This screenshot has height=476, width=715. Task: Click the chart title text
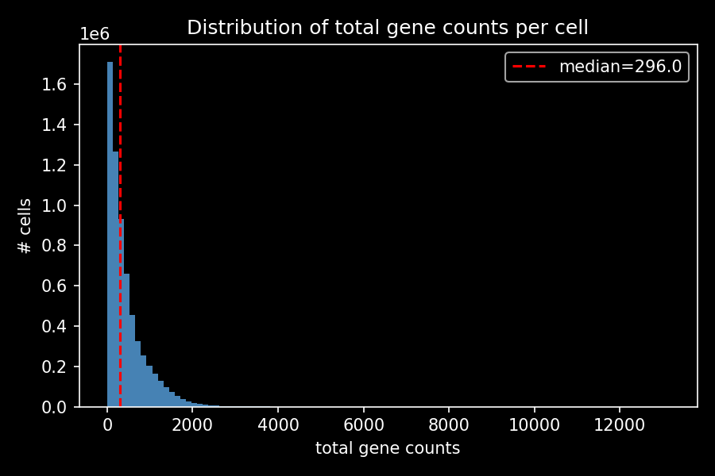pyautogui.click(x=388, y=28)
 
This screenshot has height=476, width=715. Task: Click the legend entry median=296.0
pyautogui.click(x=620, y=67)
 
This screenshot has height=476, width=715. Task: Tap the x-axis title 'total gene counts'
pyautogui.click(x=388, y=448)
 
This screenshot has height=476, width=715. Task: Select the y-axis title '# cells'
pyautogui.click(x=25, y=226)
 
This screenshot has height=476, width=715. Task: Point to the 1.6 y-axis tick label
pyautogui.click(x=59, y=85)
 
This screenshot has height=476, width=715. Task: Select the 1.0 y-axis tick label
pyautogui.click(x=59, y=205)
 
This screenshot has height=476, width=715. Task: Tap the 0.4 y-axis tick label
pyautogui.click(x=59, y=326)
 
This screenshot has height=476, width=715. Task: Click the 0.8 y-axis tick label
pyautogui.click(x=59, y=246)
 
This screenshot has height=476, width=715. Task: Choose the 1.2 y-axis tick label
pyautogui.click(x=59, y=165)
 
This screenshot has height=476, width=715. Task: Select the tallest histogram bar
pyautogui.click(x=110, y=238)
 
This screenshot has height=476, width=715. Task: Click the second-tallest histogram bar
pyautogui.click(x=115, y=278)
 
